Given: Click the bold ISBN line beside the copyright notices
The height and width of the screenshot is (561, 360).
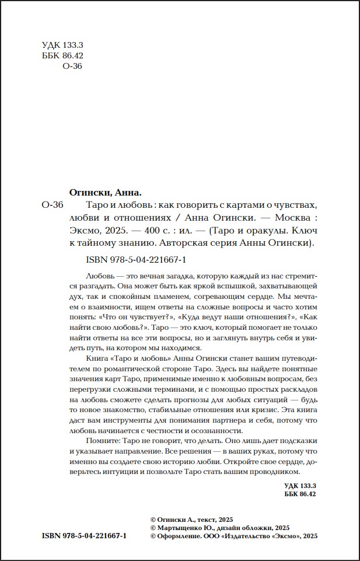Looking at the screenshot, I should point(84,536).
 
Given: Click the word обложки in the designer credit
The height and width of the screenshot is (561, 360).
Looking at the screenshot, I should point(256,527).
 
